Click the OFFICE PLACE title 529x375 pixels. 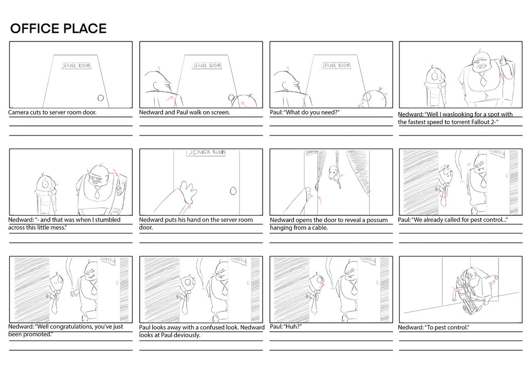point(58,28)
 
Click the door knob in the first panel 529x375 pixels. point(101,98)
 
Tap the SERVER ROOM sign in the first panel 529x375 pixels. point(76,65)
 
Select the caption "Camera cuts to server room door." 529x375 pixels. point(52,112)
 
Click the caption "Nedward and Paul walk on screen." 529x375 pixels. point(184,112)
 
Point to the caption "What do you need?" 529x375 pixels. point(312,112)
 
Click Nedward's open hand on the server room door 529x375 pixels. point(188,192)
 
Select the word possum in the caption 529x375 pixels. point(377,220)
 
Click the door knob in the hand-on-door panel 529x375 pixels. point(233,191)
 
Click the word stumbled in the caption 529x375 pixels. point(108,220)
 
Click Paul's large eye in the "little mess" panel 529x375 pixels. point(45,184)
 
